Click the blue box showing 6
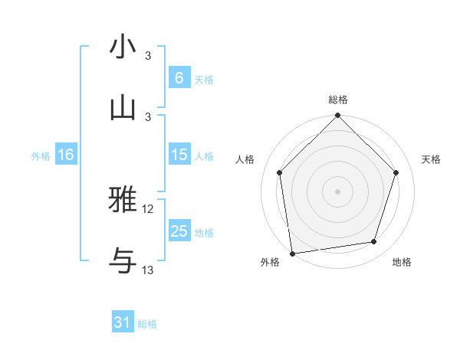point(179,77)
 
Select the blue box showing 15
point(179,155)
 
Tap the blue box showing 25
point(179,231)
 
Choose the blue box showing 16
point(65,155)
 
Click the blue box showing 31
point(122,322)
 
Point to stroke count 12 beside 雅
point(148,209)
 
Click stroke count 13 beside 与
point(148,270)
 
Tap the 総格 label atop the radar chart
point(338,100)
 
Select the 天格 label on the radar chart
point(431,159)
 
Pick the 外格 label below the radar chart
point(270,262)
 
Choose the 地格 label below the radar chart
point(402,262)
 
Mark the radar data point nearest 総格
point(338,116)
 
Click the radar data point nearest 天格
point(396,172)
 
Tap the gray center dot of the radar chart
point(338,191)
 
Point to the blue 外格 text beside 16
point(41,155)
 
